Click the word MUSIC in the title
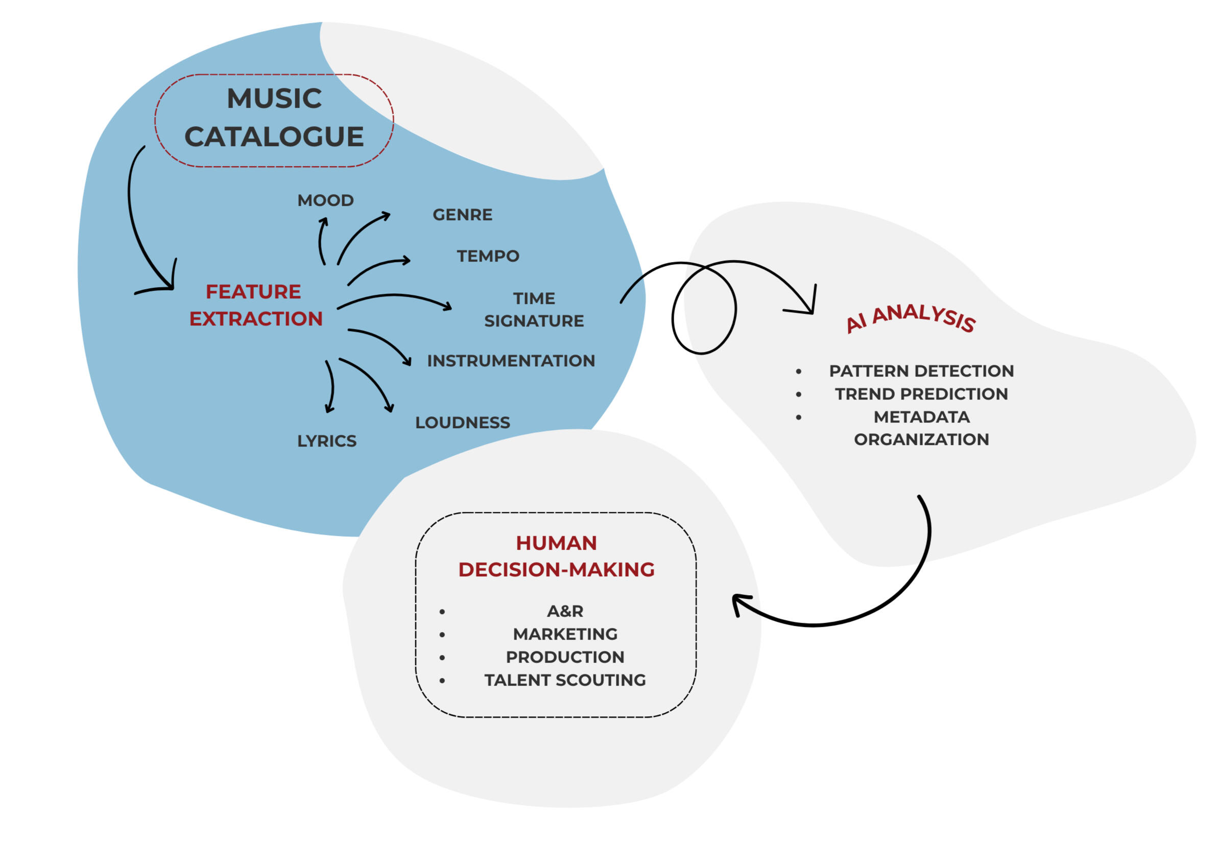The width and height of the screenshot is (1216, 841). click(x=274, y=99)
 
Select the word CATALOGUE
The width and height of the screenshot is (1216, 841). click(x=274, y=137)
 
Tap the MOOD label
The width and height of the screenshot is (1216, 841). click(x=325, y=200)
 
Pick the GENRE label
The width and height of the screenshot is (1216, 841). click(x=462, y=215)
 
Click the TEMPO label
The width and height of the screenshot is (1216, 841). click(x=488, y=256)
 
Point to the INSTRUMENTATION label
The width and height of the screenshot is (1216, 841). click(x=511, y=360)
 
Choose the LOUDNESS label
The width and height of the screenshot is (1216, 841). click(x=462, y=422)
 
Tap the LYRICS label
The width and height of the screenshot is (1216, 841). click(x=326, y=440)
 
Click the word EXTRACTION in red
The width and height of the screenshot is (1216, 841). click(x=256, y=319)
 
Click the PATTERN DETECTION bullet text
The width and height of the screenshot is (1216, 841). click(x=921, y=371)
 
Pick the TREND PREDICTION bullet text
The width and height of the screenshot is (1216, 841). click(x=921, y=393)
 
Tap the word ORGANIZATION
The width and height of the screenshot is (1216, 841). click(x=921, y=439)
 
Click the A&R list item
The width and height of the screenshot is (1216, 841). click(x=565, y=611)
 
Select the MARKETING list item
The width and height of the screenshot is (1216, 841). click(x=565, y=634)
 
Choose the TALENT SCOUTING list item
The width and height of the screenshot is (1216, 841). click(x=565, y=680)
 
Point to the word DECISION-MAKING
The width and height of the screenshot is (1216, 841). click(x=556, y=570)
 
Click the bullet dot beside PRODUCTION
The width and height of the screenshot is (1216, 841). click(x=442, y=658)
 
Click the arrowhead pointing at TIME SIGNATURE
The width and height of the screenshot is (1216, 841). click(x=448, y=306)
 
